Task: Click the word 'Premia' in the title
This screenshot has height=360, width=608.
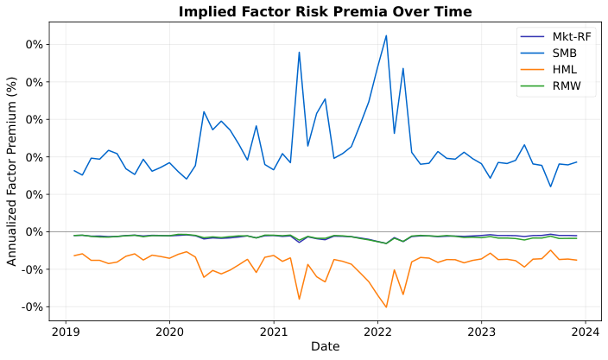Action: coord(393,11)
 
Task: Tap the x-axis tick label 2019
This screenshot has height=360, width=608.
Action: coord(65,331)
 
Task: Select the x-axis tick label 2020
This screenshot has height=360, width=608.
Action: coord(169,331)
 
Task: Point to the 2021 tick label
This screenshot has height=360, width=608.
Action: coord(274,331)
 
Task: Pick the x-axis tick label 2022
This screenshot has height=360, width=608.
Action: coord(377,331)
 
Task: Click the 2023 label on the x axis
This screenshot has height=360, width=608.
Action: coord(482,331)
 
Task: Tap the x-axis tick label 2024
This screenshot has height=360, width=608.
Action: coord(586,331)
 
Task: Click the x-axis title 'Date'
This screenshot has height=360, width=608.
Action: coord(325,347)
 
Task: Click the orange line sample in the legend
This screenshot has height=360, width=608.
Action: coord(531,70)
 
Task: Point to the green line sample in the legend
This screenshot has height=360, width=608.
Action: coord(531,86)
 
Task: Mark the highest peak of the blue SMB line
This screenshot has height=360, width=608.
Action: coord(386,35)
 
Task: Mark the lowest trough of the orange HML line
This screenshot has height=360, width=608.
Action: coord(386,307)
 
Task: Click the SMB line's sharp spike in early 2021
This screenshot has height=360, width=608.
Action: coord(299,53)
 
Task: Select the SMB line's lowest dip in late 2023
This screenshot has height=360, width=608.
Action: coord(550,186)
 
